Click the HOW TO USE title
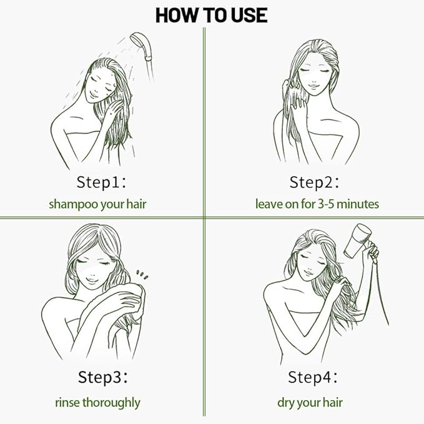click(211, 14)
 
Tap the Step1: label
click(102, 182)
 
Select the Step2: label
click(314, 182)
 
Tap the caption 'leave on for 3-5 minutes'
click(317, 204)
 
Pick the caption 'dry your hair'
click(310, 402)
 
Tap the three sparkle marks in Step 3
click(142, 274)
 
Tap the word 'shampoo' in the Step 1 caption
click(69, 204)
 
